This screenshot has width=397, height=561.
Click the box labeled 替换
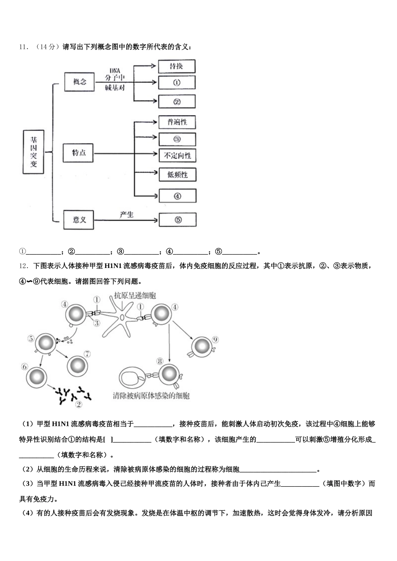(x=176, y=66)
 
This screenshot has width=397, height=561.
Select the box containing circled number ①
(x=176, y=83)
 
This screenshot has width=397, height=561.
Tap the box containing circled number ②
(x=176, y=102)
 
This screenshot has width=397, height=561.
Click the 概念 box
(x=79, y=82)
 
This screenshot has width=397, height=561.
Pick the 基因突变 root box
(x=33, y=151)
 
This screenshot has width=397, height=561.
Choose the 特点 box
(x=79, y=153)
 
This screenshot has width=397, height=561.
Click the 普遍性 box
(x=177, y=122)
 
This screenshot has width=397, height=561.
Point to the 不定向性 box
(x=177, y=156)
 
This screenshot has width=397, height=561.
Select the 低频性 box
(x=177, y=175)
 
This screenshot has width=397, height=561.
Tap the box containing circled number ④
(x=177, y=196)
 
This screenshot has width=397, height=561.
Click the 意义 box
(x=79, y=220)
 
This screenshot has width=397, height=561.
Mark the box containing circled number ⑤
(x=178, y=220)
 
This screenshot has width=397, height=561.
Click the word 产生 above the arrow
(x=126, y=214)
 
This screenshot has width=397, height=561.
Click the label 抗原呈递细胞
(x=135, y=296)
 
